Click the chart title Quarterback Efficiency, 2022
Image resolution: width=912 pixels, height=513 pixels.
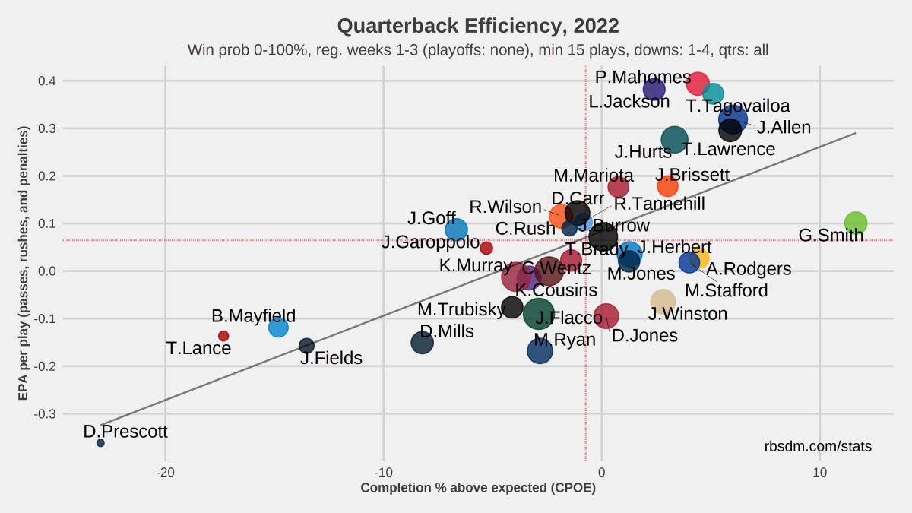(x=477, y=26)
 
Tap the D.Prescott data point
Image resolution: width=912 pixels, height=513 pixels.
(x=100, y=442)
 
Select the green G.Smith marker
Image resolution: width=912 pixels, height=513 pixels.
(x=856, y=223)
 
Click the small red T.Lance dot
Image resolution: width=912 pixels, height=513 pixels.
(x=223, y=336)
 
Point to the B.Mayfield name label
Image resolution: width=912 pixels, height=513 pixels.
(x=253, y=316)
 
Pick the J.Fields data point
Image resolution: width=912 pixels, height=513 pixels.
(x=306, y=346)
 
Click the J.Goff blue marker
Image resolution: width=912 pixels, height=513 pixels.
(x=456, y=230)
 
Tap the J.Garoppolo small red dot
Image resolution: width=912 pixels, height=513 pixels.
(x=486, y=248)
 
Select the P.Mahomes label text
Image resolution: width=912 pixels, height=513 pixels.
(x=643, y=78)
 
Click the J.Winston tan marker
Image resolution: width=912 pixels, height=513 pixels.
(x=663, y=302)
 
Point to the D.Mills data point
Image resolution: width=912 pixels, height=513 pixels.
(x=423, y=343)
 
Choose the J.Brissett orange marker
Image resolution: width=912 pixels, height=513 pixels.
(x=667, y=186)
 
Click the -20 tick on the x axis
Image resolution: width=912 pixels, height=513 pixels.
(x=165, y=471)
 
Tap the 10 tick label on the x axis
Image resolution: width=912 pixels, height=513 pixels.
(x=819, y=471)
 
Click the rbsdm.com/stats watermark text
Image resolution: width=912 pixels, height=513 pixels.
(x=818, y=447)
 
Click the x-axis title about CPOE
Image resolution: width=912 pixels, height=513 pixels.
(x=478, y=488)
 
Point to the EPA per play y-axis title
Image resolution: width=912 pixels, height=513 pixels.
(x=24, y=263)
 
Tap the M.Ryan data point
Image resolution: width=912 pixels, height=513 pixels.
(x=540, y=350)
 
